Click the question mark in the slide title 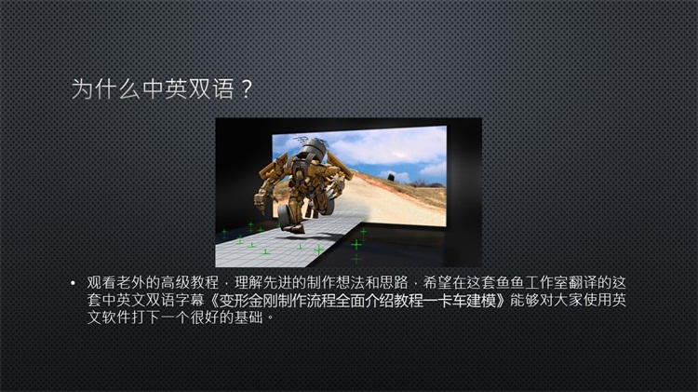(x=247, y=89)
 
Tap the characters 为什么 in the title (x=106, y=88)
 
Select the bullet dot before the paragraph (x=73, y=283)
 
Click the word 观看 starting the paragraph (x=101, y=283)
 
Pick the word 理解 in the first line (x=248, y=283)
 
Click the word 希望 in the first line (x=437, y=283)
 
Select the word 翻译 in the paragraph (x=584, y=283)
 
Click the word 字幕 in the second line (x=190, y=300)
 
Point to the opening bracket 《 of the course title (x=213, y=301)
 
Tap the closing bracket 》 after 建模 (x=503, y=301)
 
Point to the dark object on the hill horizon (x=391, y=177)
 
